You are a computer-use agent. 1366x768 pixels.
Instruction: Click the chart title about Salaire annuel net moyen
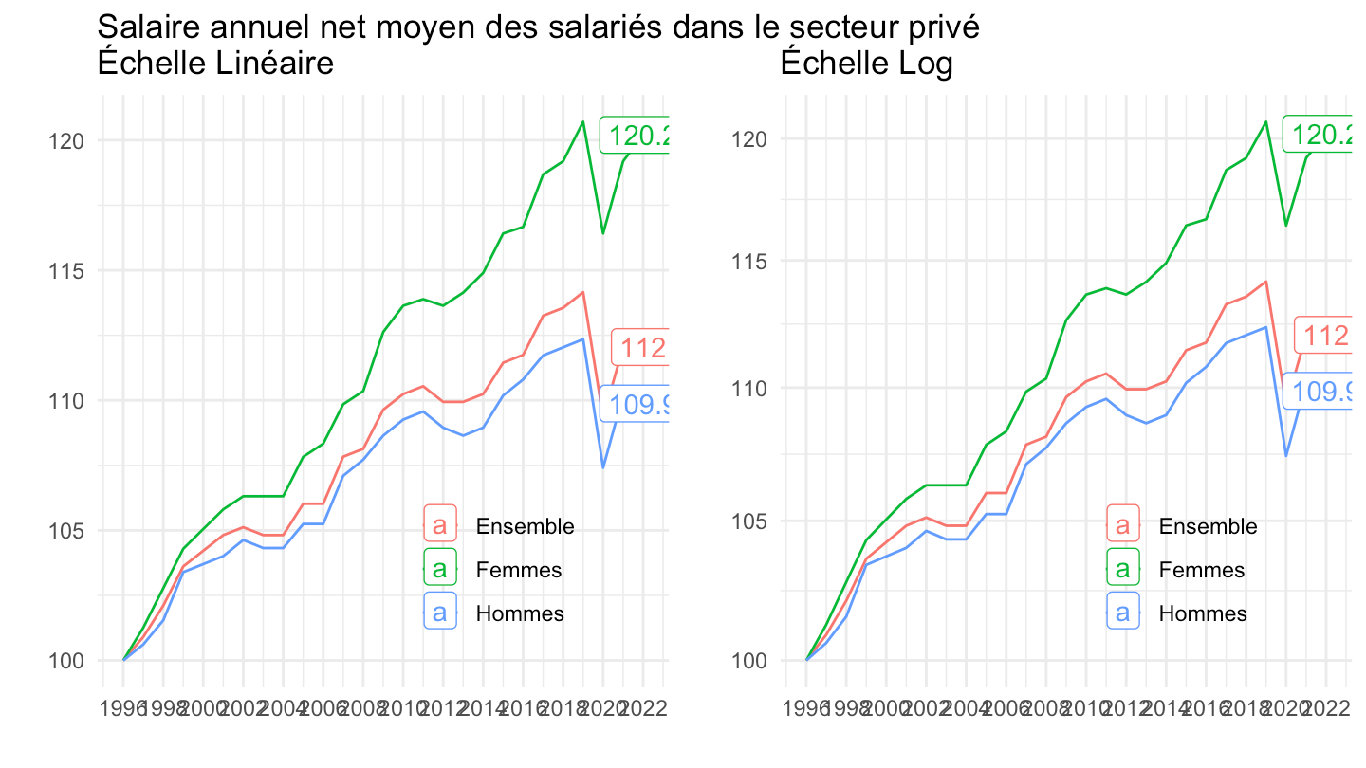(x=537, y=27)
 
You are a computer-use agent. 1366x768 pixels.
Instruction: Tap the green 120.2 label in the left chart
(x=637, y=137)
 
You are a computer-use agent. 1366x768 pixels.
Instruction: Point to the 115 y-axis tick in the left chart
(x=69, y=271)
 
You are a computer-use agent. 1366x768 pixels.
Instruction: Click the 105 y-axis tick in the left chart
(x=69, y=530)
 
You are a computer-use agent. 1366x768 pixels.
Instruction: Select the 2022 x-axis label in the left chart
(x=643, y=707)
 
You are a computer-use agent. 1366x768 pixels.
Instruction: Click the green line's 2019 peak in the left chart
(x=582, y=121)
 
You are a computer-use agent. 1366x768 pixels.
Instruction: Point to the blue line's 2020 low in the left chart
(x=602, y=467)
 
